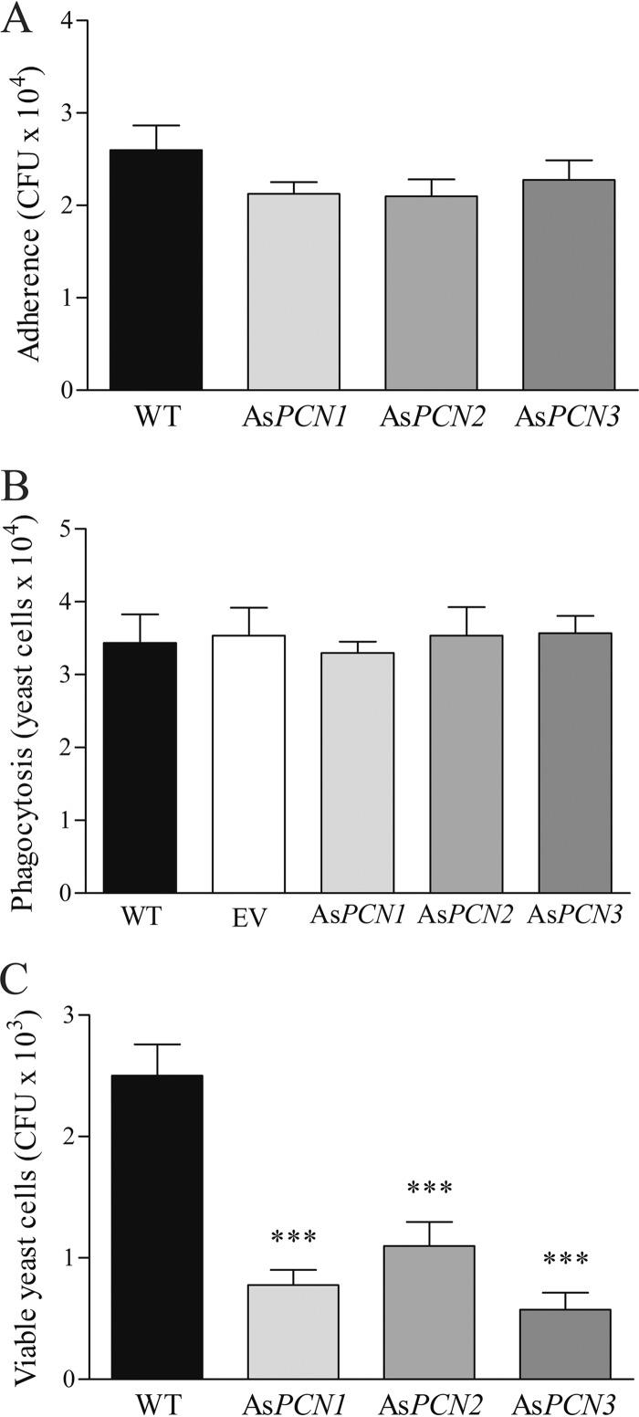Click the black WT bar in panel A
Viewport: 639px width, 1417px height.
pyautogui.click(x=156, y=270)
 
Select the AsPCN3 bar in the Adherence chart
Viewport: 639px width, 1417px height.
pyautogui.click(x=568, y=285)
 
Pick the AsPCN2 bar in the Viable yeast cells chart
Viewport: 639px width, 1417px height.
pyautogui.click(x=429, y=1312)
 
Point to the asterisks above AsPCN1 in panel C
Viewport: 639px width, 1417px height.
pyautogui.click(x=293, y=1239)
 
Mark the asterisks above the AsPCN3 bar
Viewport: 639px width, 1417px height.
pyautogui.click(x=566, y=1261)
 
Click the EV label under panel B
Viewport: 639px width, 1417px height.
pyautogui.click(x=248, y=917)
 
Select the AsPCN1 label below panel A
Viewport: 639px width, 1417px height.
pyautogui.click(x=293, y=418)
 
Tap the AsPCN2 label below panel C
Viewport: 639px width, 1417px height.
pyautogui.click(x=429, y=1404)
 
